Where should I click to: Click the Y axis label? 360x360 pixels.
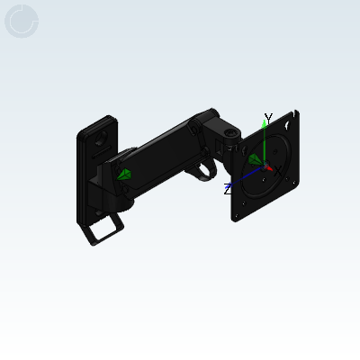(268, 119)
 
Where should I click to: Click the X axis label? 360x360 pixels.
(278, 171)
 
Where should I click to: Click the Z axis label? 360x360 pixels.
(228, 190)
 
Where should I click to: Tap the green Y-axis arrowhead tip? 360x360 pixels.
(264, 120)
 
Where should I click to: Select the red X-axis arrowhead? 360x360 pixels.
(269, 169)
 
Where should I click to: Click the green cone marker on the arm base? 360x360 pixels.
(123, 175)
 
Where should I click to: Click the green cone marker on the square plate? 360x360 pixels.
(255, 159)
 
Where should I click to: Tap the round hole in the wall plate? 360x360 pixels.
(101, 138)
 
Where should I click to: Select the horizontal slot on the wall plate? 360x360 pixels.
(101, 152)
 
